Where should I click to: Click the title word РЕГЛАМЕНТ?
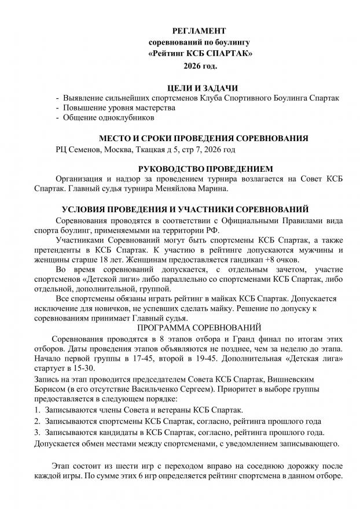[x=200, y=30]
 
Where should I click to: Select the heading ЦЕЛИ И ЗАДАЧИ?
[x=200, y=87]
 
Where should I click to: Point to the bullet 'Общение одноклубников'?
[x=108, y=118]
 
